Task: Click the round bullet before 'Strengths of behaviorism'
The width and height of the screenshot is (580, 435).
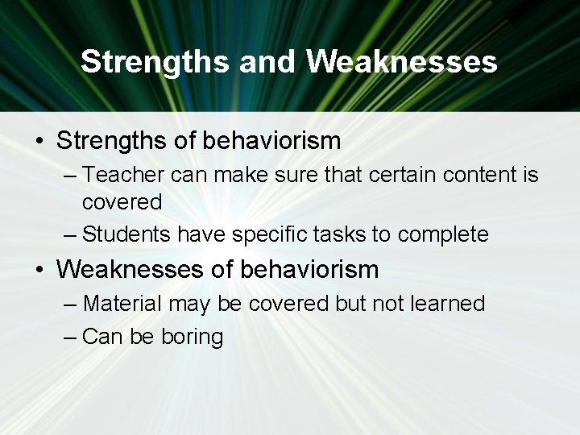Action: pyautogui.click(x=39, y=142)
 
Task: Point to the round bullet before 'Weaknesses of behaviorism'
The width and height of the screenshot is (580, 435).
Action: pyautogui.click(x=39, y=269)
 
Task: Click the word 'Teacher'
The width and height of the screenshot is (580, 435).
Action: pyautogui.click(x=120, y=174)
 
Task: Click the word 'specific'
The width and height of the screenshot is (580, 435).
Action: pyautogui.click(x=266, y=234)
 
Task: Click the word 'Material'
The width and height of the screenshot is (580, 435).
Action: pyautogui.click(x=122, y=304)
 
